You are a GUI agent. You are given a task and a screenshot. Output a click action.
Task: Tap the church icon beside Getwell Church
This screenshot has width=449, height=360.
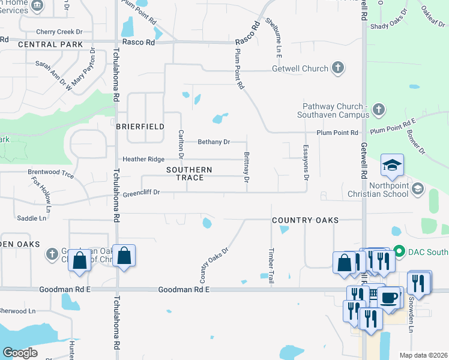[338, 68]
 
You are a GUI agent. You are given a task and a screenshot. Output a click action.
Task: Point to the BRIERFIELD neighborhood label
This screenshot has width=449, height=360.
[140, 127]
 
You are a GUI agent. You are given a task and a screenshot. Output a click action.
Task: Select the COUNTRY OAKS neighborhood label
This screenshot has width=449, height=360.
[305, 221]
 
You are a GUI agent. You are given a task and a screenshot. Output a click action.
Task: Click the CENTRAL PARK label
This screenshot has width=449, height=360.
[50, 44]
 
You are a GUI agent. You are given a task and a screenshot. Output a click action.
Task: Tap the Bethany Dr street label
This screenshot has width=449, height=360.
[214, 142]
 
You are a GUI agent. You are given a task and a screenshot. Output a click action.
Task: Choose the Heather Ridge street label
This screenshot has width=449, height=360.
[143, 159]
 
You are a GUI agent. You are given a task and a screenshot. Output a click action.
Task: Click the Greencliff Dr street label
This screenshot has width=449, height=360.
[141, 193]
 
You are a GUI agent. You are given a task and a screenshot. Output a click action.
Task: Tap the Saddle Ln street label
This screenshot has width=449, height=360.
[31, 218]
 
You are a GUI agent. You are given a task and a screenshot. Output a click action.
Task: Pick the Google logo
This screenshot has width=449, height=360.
[20, 353]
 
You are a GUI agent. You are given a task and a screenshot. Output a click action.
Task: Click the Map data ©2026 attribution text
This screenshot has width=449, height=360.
[423, 355]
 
